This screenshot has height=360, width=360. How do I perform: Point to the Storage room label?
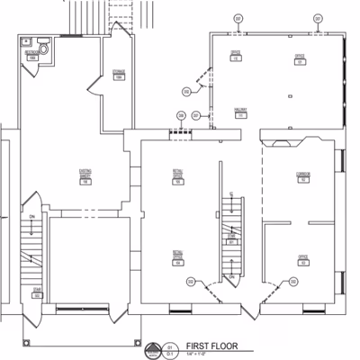tap(118, 75)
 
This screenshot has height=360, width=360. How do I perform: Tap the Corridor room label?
tap(303, 177)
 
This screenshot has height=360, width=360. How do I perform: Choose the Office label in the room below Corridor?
tap(303, 259)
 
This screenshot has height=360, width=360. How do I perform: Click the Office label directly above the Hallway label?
tap(236, 56)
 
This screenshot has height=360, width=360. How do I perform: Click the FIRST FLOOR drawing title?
tap(210, 346)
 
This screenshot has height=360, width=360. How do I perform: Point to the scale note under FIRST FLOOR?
tap(200, 354)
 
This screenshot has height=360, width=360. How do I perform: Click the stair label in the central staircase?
tap(231, 240)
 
